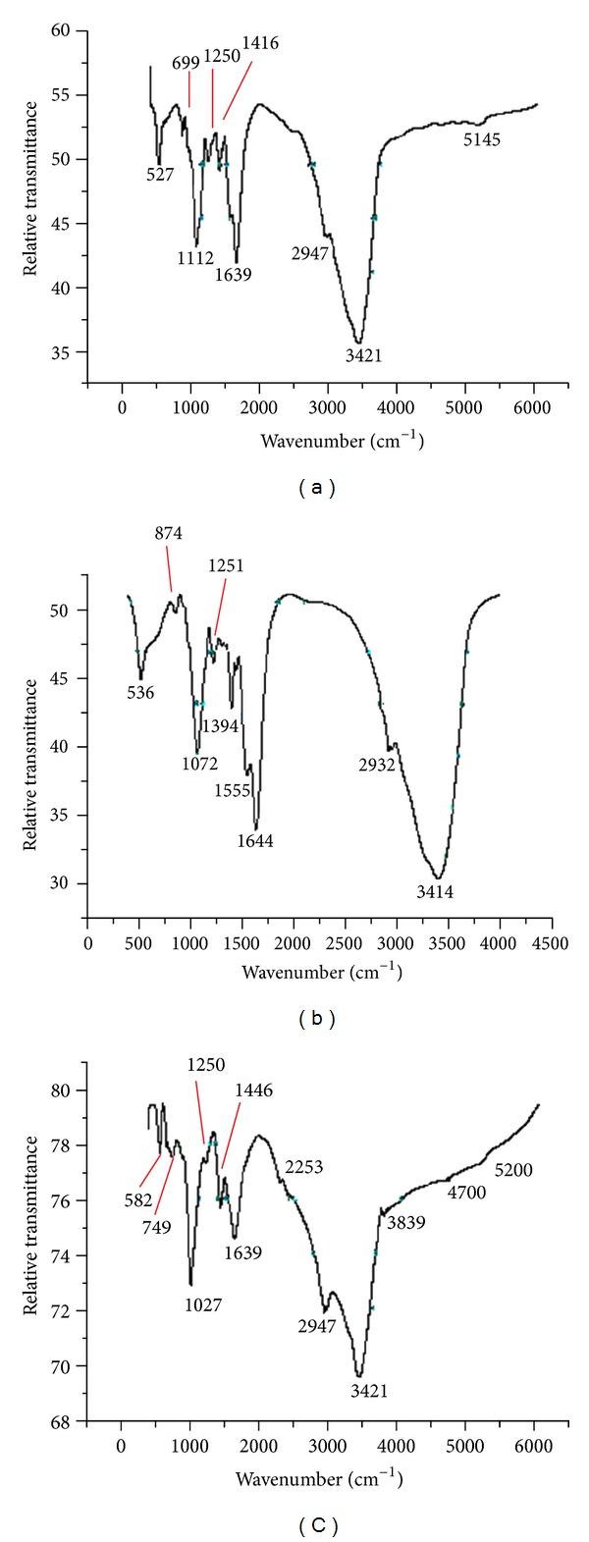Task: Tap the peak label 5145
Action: click(x=482, y=140)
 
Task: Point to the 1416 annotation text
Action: click(x=261, y=40)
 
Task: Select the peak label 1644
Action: click(x=256, y=840)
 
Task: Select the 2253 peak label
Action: click(x=304, y=1166)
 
